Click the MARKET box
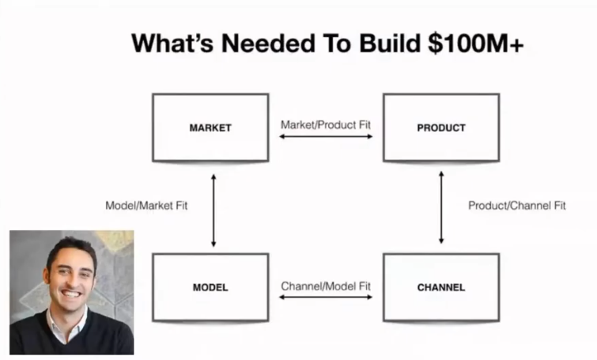click(210, 127)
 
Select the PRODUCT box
click(441, 127)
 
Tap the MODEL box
click(210, 287)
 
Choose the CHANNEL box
click(441, 287)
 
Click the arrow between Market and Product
click(326, 136)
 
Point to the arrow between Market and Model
click(213, 210)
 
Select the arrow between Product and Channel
click(441, 207)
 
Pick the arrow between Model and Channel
click(326, 297)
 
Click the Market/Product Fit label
click(326, 125)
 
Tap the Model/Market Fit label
click(146, 206)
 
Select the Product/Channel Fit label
click(517, 206)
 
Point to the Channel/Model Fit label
click(326, 286)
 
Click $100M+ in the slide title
click(475, 43)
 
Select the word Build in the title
click(390, 43)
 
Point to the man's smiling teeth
click(72, 294)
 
